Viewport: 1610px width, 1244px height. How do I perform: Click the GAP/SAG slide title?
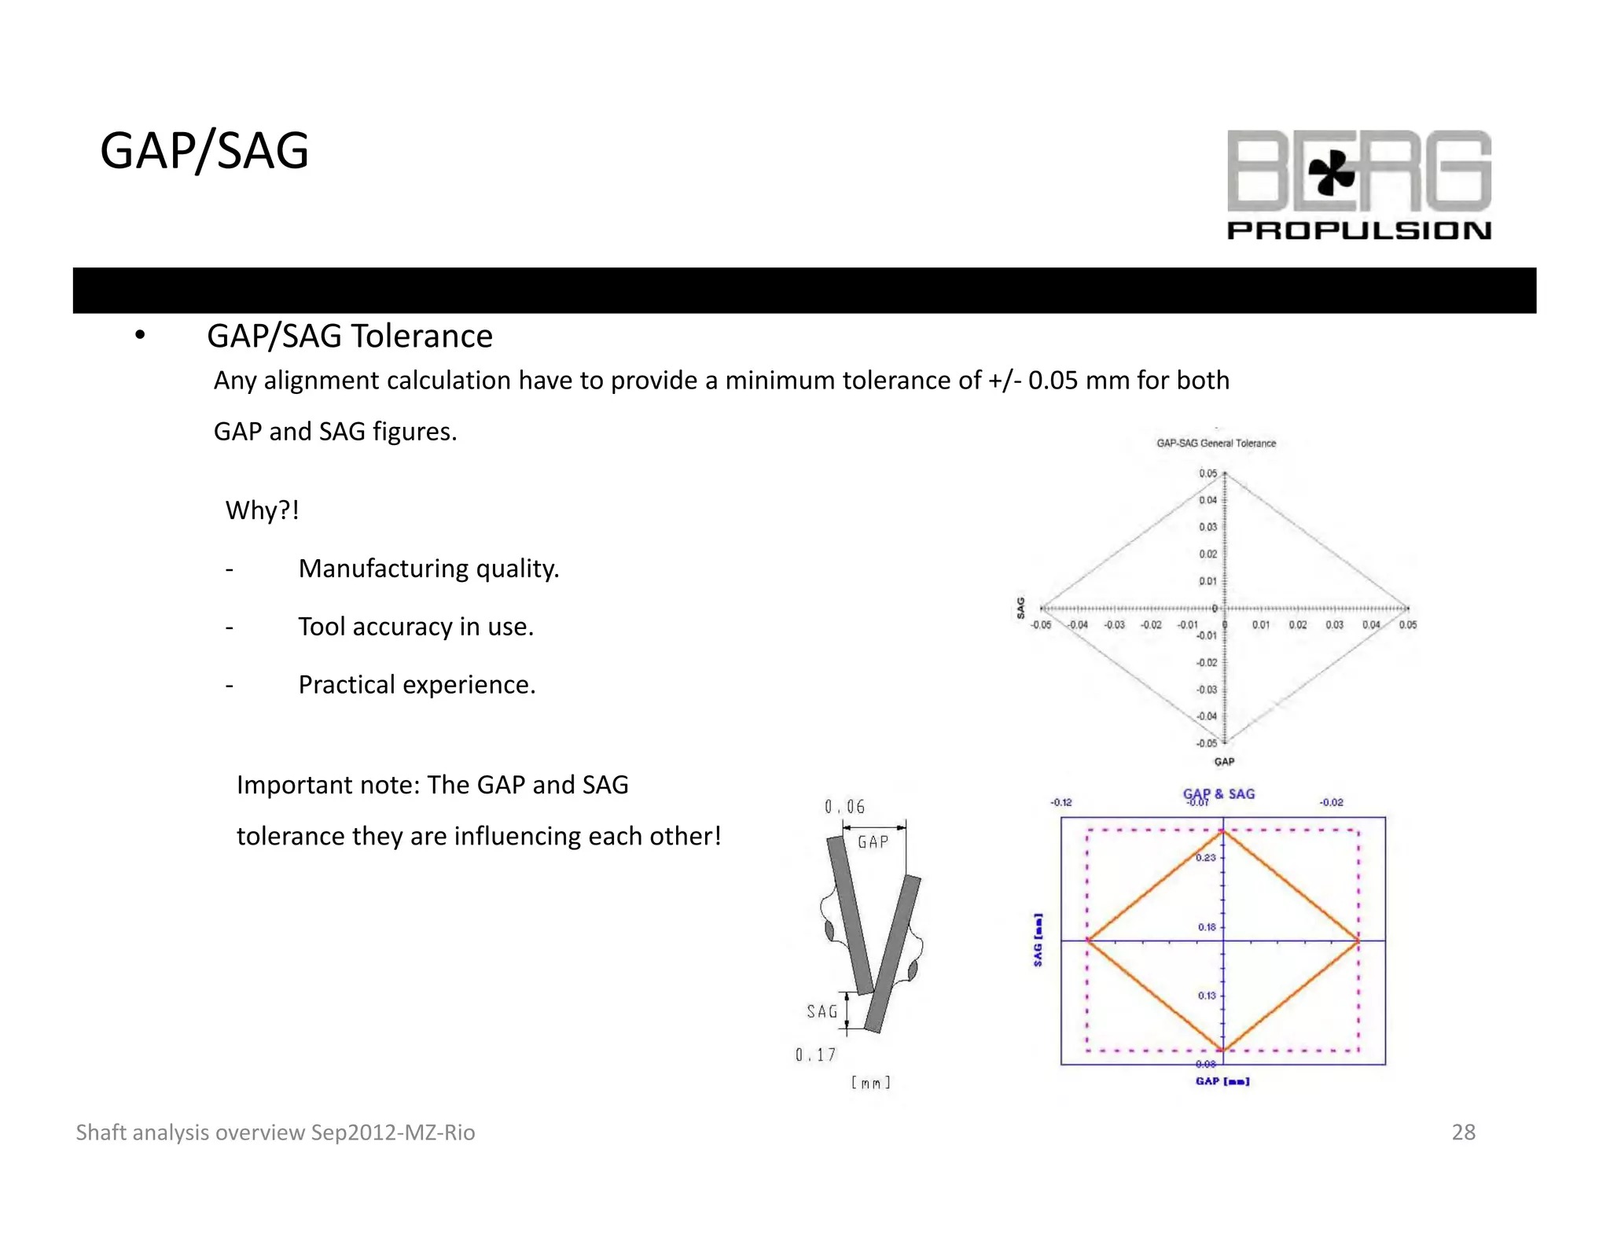(x=204, y=150)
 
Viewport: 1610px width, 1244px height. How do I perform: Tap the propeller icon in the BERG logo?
(x=1331, y=172)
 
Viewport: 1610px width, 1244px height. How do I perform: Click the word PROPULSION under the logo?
(x=1358, y=230)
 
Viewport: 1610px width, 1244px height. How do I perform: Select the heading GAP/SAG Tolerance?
(x=349, y=336)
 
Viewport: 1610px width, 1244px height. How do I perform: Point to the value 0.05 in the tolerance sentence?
(x=1053, y=381)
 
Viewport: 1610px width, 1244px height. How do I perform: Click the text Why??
(x=262, y=510)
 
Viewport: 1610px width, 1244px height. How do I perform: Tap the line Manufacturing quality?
(x=428, y=569)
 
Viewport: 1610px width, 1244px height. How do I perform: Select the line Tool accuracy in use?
(x=416, y=627)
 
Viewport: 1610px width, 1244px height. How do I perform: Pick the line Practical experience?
(x=417, y=685)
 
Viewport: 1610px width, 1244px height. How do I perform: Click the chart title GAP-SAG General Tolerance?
(x=1215, y=443)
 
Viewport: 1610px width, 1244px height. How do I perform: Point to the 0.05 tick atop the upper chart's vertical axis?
(x=1207, y=473)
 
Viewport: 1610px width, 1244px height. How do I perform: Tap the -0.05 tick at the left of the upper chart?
(x=1041, y=625)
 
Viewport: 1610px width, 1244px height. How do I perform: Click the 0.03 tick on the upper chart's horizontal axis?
(x=1334, y=625)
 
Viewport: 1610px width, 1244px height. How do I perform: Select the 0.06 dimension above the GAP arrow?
(x=844, y=807)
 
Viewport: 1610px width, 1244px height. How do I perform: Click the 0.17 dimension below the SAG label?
(x=815, y=1055)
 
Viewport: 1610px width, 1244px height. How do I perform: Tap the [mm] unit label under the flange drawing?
(x=870, y=1083)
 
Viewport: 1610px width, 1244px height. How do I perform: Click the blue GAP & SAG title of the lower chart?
(x=1219, y=793)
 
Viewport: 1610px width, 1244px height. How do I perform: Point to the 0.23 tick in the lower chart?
(x=1205, y=858)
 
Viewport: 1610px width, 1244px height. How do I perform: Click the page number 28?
(x=1463, y=1132)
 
